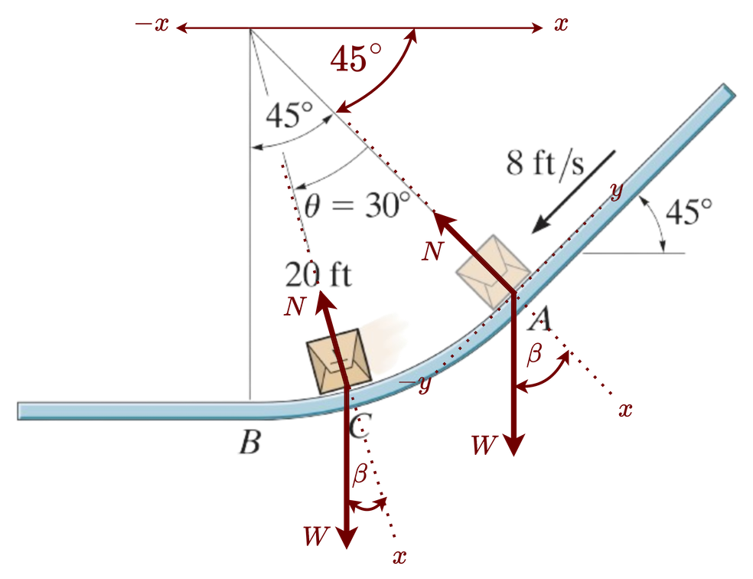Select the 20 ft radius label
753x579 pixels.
(x=318, y=275)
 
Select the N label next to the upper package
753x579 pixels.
(x=432, y=250)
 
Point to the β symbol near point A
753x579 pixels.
(x=535, y=355)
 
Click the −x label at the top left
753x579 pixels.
(x=152, y=25)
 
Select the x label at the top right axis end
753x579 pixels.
(x=562, y=25)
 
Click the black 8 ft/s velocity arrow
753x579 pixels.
(x=573, y=191)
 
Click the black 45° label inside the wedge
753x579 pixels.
(x=288, y=116)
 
